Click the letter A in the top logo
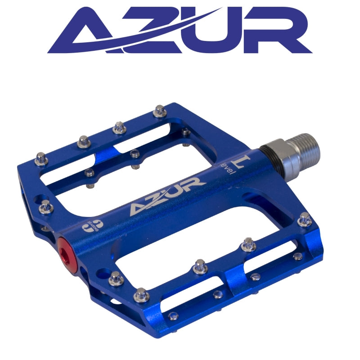coord(85,32)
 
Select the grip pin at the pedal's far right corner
coord(305,219)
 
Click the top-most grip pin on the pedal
coord(159,110)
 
